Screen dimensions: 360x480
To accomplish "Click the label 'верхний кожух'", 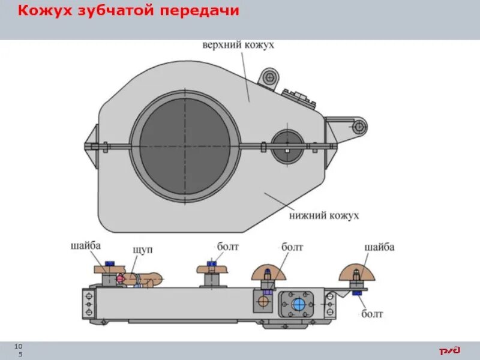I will (x=238, y=46).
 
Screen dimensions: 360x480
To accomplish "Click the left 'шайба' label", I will (x=86, y=245).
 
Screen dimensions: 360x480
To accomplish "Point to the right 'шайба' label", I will (x=380, y=247).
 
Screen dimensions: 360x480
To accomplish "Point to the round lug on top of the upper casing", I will (x=270, y=77).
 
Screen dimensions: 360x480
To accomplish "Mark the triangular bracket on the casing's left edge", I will (x=92, y=145).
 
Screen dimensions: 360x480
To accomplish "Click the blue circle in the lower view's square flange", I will (x=298, y=304).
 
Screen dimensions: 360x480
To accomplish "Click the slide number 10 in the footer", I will (x=19, y=347).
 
